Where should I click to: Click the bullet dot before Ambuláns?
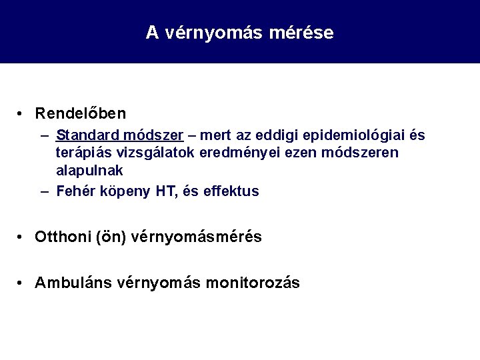22,283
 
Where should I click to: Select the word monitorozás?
254,283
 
